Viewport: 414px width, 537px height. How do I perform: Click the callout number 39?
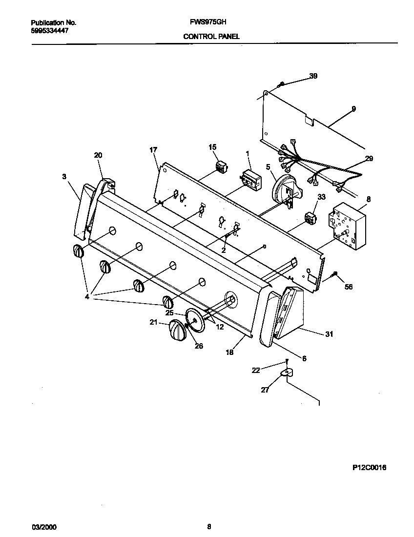tap(313, 76)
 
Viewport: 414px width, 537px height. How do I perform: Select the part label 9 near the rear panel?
tap(353, 108)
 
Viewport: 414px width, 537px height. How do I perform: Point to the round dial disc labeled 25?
tap(194, 321)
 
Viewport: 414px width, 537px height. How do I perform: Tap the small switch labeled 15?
tap(223, 166)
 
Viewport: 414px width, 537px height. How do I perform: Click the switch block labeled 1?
tap(250, 178)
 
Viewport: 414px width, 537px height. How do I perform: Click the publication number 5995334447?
tap(49, 30)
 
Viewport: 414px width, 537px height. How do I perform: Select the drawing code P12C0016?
tap(369, 467)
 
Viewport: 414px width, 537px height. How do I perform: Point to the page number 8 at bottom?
tap(209, 526)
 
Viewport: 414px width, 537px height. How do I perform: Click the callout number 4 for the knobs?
tap(87, 296)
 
